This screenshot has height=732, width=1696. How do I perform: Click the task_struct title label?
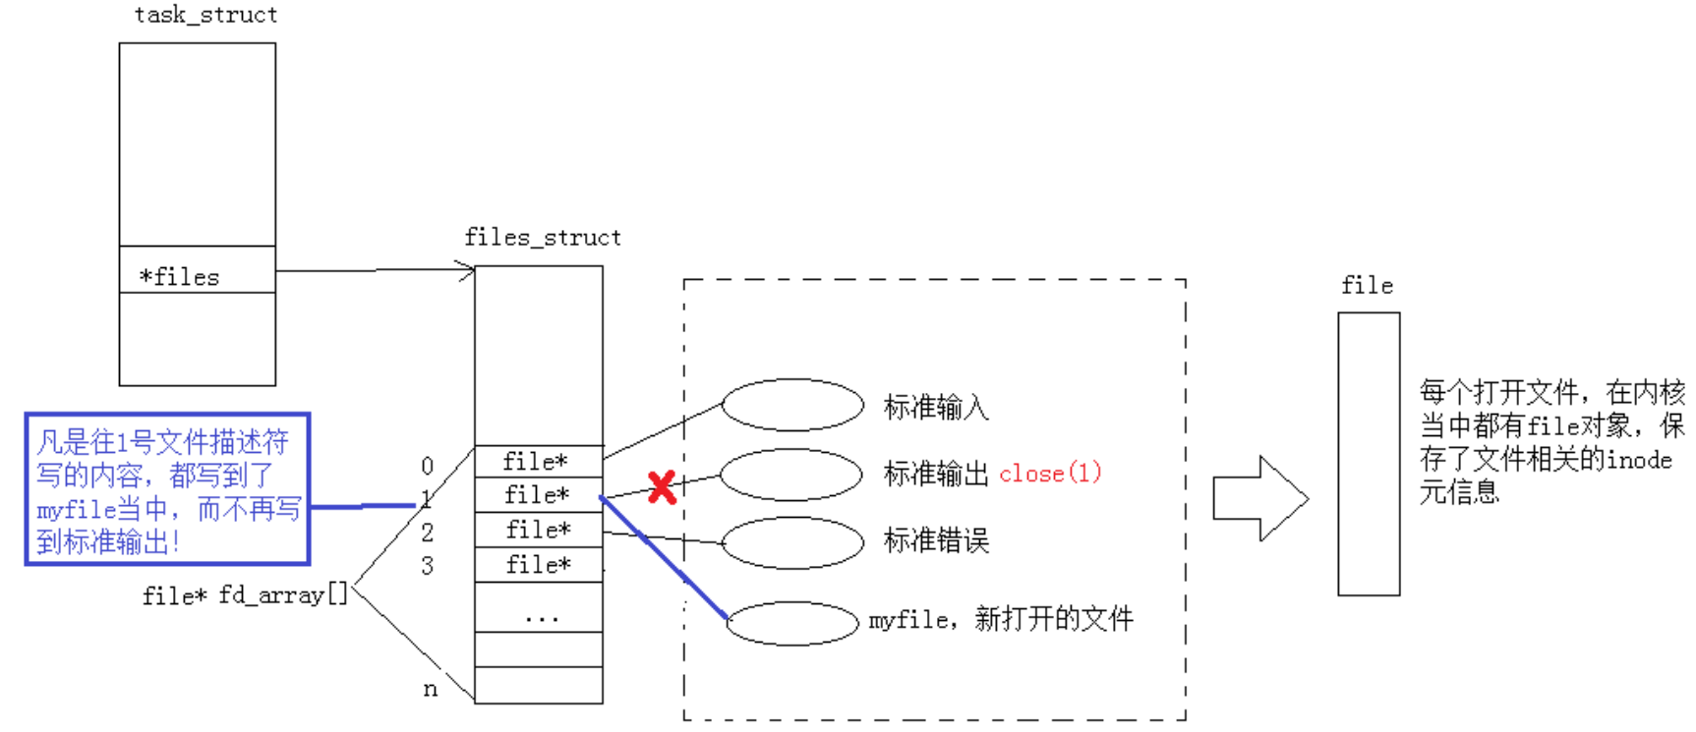(205, 15)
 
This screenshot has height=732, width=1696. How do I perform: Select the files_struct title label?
(542, 237)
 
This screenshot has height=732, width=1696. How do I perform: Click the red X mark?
(662, 486)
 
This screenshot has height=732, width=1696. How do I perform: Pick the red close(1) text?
(1050, 473)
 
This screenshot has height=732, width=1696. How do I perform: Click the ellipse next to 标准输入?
(791, 405)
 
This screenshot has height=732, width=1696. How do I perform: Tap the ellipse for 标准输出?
(791, 474)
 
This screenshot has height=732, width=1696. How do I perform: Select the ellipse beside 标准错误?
(791, 541)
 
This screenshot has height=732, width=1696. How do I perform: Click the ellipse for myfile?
(791, 623)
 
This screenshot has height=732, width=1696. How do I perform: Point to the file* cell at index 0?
(538, 461)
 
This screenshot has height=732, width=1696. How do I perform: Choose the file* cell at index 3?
(538, 565)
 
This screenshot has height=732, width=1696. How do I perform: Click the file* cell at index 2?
(538, 530)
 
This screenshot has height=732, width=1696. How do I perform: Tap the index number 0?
(427, 466)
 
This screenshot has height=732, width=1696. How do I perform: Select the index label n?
(430, 689)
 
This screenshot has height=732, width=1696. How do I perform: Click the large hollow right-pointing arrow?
(1259, 498)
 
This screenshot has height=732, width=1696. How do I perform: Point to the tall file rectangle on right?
(1369, 454)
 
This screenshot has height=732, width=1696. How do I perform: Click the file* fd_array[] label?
(245, 595)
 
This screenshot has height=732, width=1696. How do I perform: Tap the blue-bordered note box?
(167, 489)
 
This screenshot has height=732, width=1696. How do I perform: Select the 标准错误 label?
(936, 540)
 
